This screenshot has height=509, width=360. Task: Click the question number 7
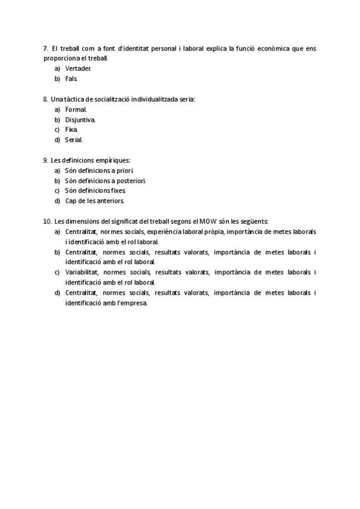tap(46, 48)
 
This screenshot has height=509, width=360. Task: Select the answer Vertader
tap(78, 68)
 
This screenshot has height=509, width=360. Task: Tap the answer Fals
tap(71, 79)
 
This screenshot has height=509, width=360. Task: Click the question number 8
tap(46, 99)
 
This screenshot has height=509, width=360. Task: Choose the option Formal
tap(76, 109)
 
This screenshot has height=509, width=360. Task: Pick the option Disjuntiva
tap(80, 119)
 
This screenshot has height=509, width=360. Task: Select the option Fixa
tap(71, 130)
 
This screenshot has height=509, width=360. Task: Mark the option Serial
tap(74, 140)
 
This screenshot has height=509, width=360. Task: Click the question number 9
tap(46, 160)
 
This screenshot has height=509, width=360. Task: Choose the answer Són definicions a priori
tap(99, 170)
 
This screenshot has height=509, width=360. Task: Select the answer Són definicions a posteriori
tap(105, 181)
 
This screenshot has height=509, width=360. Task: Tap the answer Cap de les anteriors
tap(94, 201)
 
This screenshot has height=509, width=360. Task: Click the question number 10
tap(47, 221)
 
